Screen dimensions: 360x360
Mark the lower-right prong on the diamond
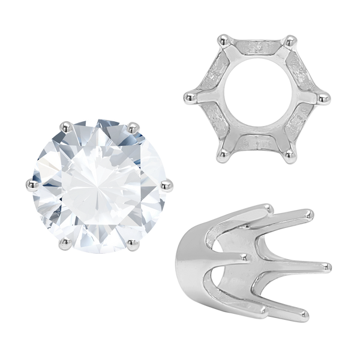pos(129,242)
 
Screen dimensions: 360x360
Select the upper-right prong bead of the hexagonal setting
pos(291,41)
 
